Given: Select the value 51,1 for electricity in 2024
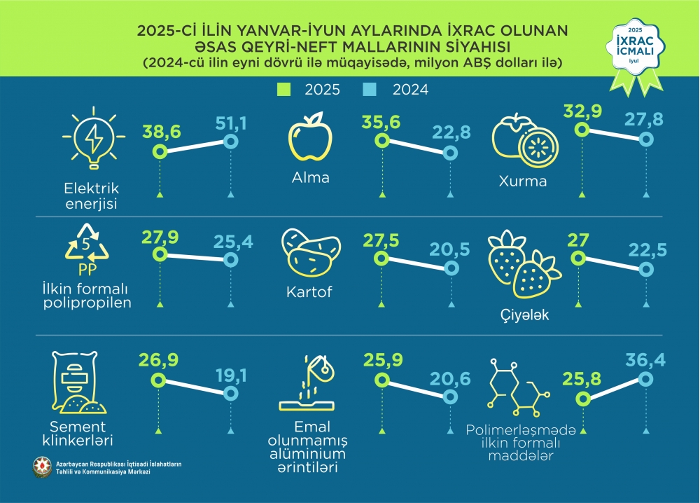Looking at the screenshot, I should pyautogui.click(x=231, y=124).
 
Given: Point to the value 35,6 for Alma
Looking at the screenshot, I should pyautogui.click(x=381, y=123).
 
